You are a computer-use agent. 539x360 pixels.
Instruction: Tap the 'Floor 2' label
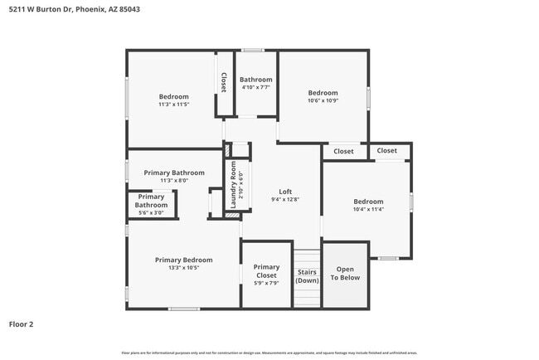click(22, 324)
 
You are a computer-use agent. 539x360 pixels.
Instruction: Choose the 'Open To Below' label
click(345, 274)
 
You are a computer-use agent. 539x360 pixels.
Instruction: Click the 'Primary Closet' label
click(266, 271)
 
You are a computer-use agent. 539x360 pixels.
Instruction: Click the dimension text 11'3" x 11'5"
click(173, 105)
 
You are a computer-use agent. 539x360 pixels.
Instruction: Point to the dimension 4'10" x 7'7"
click(256, 87)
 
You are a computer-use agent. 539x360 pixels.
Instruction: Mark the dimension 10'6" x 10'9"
click(323, 100)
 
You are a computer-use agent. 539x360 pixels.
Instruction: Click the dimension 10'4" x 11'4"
click(367, 210)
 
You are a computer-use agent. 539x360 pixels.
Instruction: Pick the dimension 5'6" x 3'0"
click(151, 212)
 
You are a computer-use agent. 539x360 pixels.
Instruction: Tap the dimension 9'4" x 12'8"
click(284, 199)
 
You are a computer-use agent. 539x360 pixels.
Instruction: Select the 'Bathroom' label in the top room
click(256, 80)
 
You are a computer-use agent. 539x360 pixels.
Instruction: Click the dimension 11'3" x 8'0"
click(173, 181)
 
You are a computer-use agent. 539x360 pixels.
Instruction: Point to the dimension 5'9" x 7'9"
click(266, 283)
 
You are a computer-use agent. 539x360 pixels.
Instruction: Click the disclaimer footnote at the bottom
click(269, 353)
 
